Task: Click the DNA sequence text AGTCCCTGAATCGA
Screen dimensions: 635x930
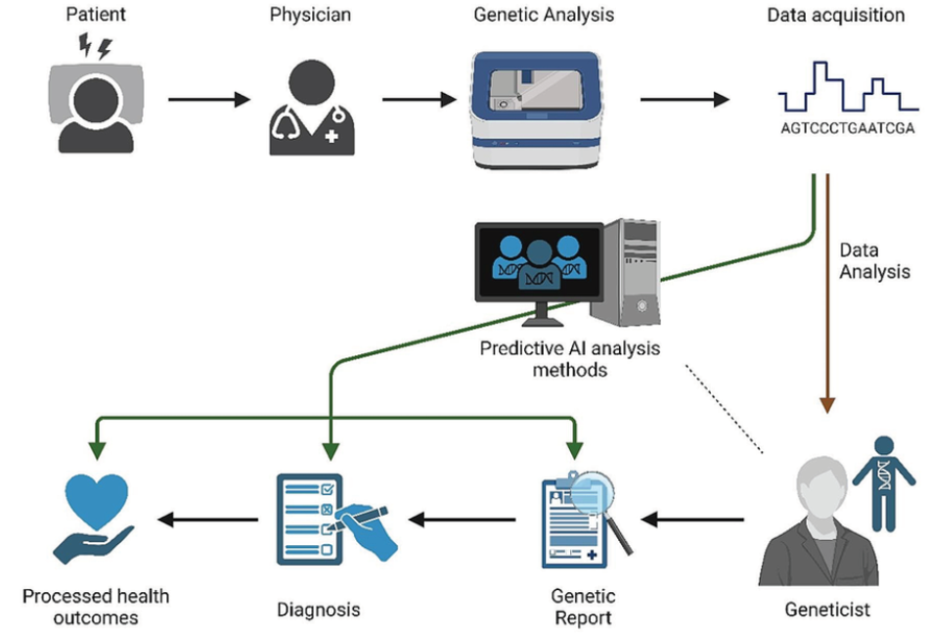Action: tap(847, 128)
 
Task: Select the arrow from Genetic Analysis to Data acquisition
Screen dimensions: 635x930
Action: tap(686, 99)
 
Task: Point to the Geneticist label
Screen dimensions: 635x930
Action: tap(827, 610)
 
